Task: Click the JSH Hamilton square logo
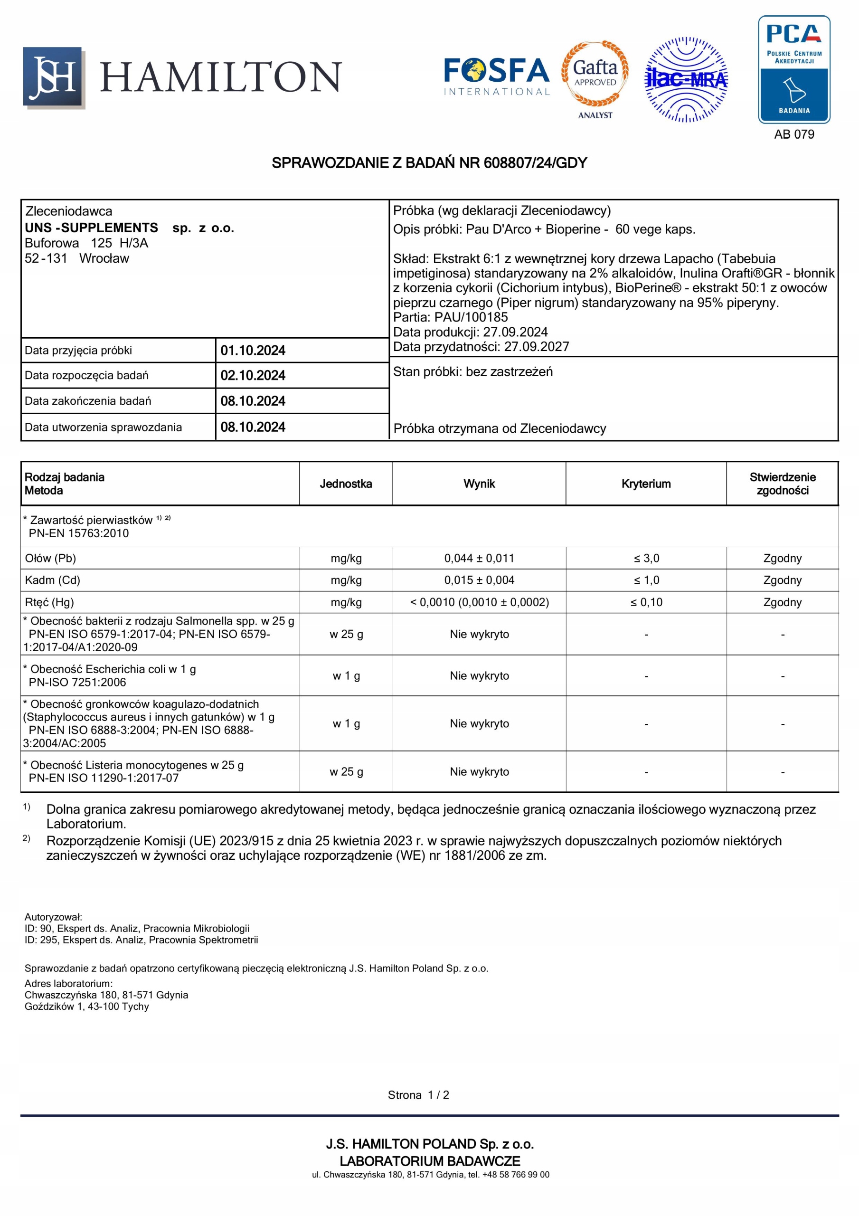pos(54,77)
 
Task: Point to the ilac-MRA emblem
pos(686,79)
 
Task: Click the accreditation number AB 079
pos(794,134)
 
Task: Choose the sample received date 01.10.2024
pos(253,351)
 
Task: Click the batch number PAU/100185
pos(471,317)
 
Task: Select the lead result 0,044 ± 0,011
pos(479,558)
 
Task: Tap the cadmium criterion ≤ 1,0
pos(646,580)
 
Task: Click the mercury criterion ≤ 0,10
pos(646,602)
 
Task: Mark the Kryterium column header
pos(646,484)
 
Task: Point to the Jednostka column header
pos(346,484)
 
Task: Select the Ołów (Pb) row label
pos(50,558)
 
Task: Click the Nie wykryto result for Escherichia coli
pos(479,676)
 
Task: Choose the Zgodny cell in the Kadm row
pos(782,580)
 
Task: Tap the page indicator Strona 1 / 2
pos(418,1095)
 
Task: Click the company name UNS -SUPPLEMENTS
pos(91,228)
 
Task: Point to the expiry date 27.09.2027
pos(536,347)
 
